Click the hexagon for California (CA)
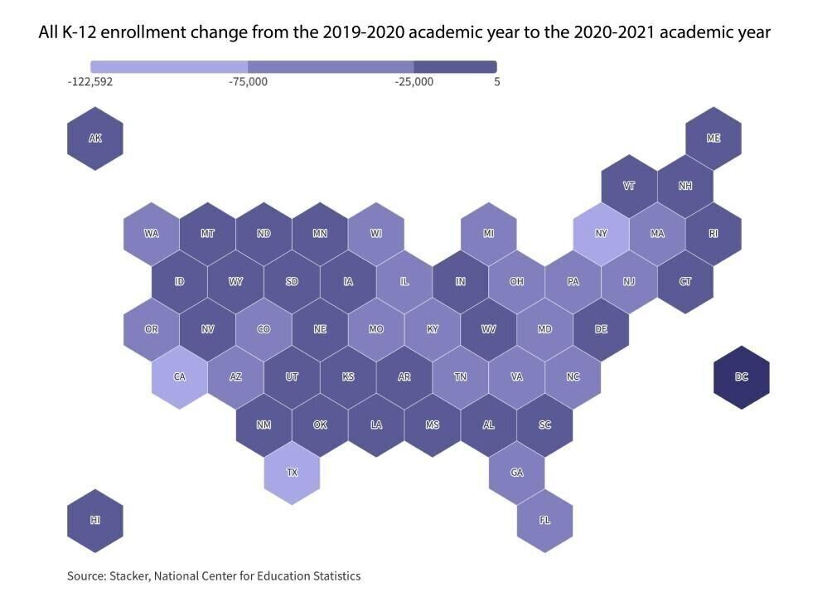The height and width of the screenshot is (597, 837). tap(179, 376)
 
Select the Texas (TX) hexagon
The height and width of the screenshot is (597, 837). tap(292, 473)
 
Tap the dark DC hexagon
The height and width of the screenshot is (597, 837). tap(741, 376)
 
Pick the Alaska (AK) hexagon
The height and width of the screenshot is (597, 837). tap(95, 138)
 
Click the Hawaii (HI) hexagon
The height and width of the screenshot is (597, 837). tap(95, 520)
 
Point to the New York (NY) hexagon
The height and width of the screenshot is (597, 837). tap(601, 233)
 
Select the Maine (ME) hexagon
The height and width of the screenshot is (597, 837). tap(713, 138)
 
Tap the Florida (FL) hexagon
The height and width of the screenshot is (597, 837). tap(544, 520)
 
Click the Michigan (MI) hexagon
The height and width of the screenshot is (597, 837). tap(488, 233)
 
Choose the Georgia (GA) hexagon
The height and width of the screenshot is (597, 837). tap(516, 473)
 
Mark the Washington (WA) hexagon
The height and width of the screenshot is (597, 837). tap(151, 233)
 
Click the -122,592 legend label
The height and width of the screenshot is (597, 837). tap(90, 82)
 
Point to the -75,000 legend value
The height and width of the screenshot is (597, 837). tap(248, 82)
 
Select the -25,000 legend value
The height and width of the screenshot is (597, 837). tap(414, 82)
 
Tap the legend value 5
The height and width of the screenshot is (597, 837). tap(496, 82)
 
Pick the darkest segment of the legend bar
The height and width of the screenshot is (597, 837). tap(455, 66)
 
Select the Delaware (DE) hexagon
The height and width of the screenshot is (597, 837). tap(601, 329)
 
